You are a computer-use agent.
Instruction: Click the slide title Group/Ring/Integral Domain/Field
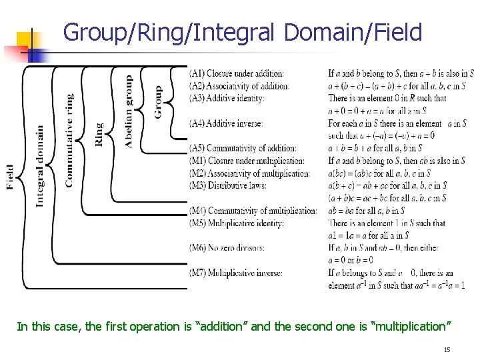tap(243, 32)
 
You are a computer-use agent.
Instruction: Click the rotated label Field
tap(11, 177)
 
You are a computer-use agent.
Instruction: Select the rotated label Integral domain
tap(40, 166)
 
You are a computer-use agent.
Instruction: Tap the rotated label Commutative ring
tap(69, 141)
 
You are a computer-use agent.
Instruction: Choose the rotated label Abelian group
tap(129, 111)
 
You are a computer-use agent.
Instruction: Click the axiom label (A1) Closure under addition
tap(237, 73)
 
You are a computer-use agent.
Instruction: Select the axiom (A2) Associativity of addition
tap(239, 86)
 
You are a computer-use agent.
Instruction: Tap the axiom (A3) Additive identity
tap(227, 98)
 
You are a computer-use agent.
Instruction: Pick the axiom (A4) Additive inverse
tap(226, 123)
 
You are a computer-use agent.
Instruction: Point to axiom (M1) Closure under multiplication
tap(247, 161)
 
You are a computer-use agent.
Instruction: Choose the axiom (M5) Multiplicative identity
tap(237, 223)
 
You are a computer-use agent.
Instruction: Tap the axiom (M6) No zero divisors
tap(227, 248)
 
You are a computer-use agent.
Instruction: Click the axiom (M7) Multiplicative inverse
tap(235, 273)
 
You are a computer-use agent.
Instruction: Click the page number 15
tap(447, 350)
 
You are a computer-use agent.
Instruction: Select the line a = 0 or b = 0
tap(351, 260)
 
